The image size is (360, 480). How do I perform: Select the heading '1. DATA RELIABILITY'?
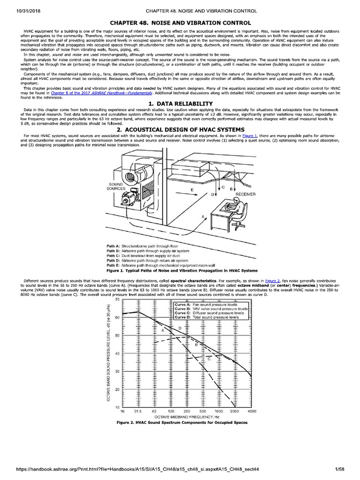coord(180,103)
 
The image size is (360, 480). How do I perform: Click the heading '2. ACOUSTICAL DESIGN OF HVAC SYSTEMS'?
coord(180,129)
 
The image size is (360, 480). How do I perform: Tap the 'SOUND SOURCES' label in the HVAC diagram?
coord(116,186)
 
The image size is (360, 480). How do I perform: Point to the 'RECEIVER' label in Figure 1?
coord(246,193)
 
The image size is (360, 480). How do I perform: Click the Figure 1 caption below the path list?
coord(182,270)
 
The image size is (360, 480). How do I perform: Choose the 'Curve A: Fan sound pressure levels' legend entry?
coord(204,305)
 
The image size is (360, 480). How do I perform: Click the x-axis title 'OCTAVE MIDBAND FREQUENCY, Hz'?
coord(186,416)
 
